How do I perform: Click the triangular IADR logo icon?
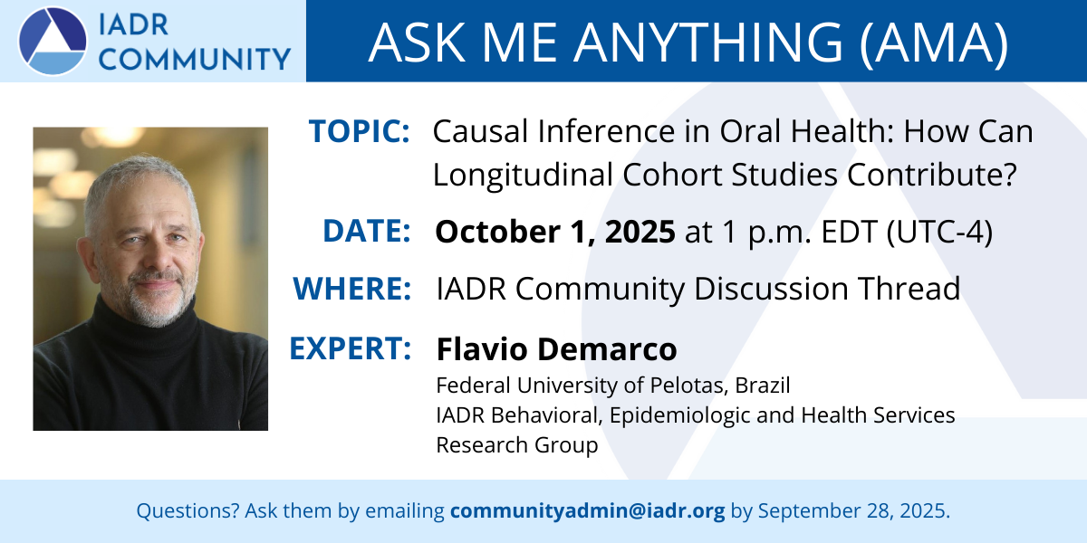(53, 42)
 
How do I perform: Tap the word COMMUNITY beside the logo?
(195, 59)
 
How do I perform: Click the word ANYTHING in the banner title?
(709, 43)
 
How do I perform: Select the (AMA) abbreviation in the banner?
(934, 43)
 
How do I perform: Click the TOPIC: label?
(359, 131)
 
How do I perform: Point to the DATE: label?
(366, 231)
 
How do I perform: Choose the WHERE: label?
(351, 289)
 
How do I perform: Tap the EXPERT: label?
(351, 348)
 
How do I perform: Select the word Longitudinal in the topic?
(523, 175)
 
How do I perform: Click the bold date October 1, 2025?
(555, 232)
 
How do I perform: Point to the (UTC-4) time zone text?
(939, 232)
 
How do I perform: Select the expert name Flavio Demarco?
(556, 348)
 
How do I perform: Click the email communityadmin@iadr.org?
(588, 511)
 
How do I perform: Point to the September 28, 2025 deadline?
(854, 511)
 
